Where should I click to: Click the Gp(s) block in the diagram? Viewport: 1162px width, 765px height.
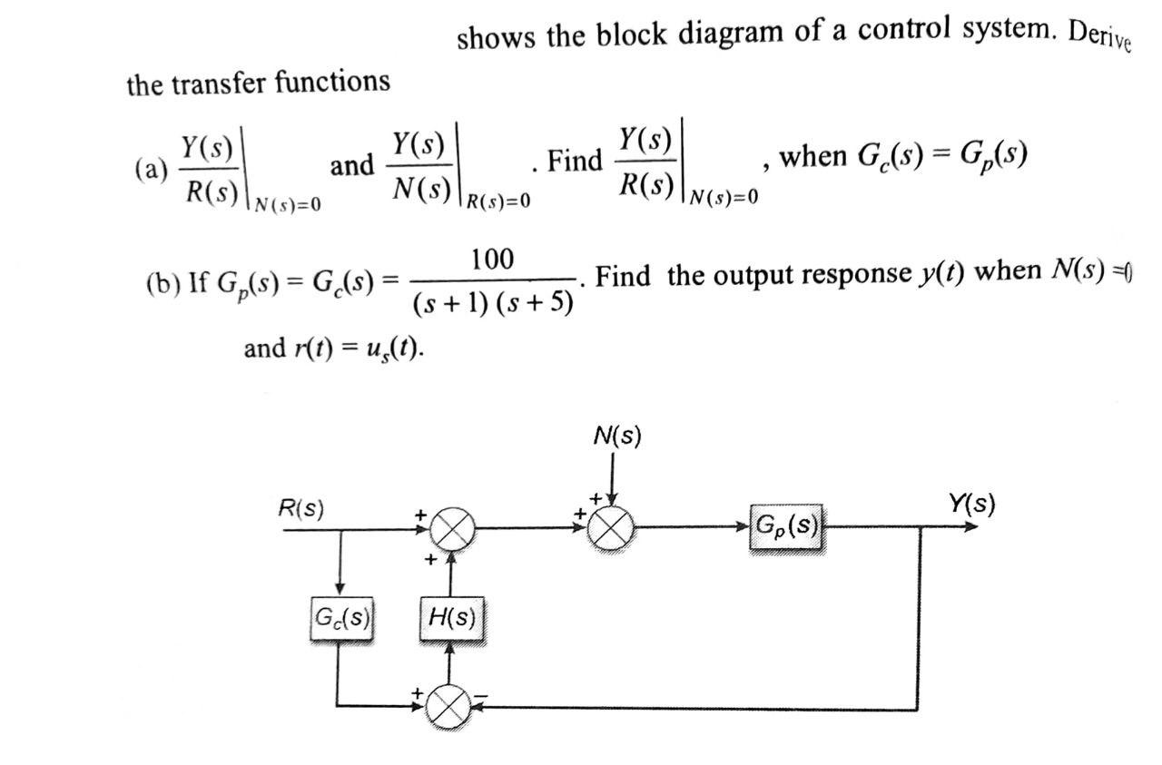click(x=786, y=526)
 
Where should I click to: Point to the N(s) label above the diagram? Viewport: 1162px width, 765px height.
click(x=616, y=436)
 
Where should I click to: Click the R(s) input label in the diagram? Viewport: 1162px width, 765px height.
click(x=300, y=509)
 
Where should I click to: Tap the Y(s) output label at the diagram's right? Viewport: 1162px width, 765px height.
click(x=971, y=503)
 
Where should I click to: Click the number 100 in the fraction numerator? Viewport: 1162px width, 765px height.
click(x=492, y=260)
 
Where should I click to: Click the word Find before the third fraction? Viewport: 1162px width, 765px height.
click(x=576, y=162)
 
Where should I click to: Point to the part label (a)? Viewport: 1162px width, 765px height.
click(x=151, y=169)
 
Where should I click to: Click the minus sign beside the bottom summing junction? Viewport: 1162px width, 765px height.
click(x=482, y=697)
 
